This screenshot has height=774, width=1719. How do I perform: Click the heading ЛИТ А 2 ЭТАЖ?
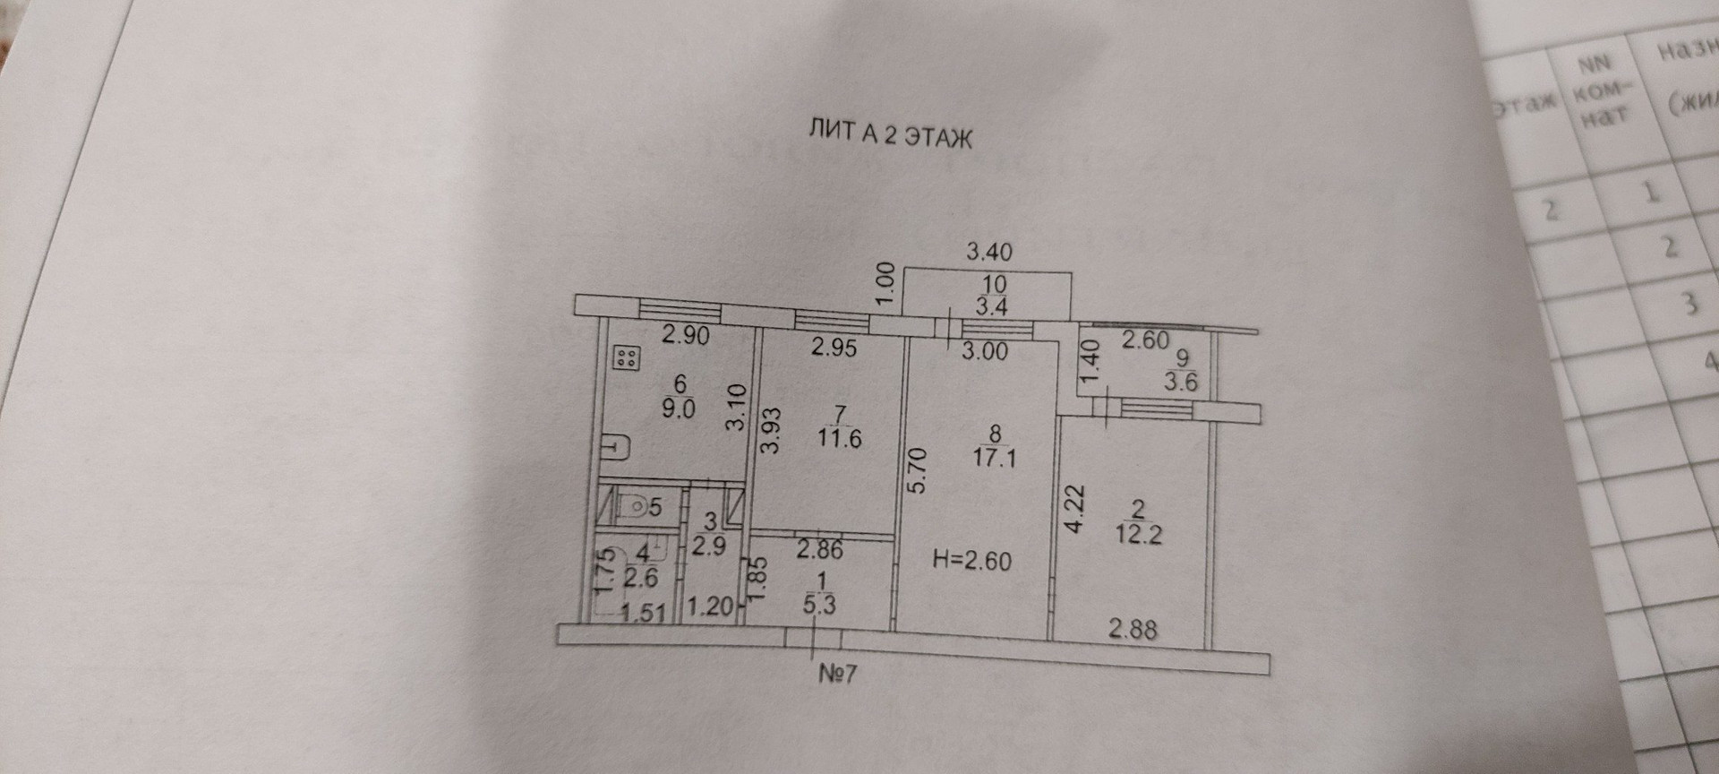point(890,136)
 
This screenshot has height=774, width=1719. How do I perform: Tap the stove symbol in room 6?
point(625,359)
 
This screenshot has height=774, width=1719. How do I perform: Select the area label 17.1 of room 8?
point(994,459)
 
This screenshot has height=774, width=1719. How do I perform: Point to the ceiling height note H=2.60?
point(971,562)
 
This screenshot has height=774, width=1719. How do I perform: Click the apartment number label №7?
point(837,673)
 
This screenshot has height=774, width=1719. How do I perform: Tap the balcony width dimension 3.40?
point(988,252)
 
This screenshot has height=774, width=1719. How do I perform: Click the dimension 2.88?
point(1133,629)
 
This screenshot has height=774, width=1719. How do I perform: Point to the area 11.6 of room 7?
point(839,438)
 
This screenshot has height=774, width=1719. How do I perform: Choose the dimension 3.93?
point(771,431)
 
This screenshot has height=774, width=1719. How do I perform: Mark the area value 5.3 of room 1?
point(819,605)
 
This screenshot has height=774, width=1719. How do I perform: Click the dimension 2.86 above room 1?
point(819,548)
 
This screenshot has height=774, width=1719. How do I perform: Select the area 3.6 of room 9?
point(1181,382)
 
